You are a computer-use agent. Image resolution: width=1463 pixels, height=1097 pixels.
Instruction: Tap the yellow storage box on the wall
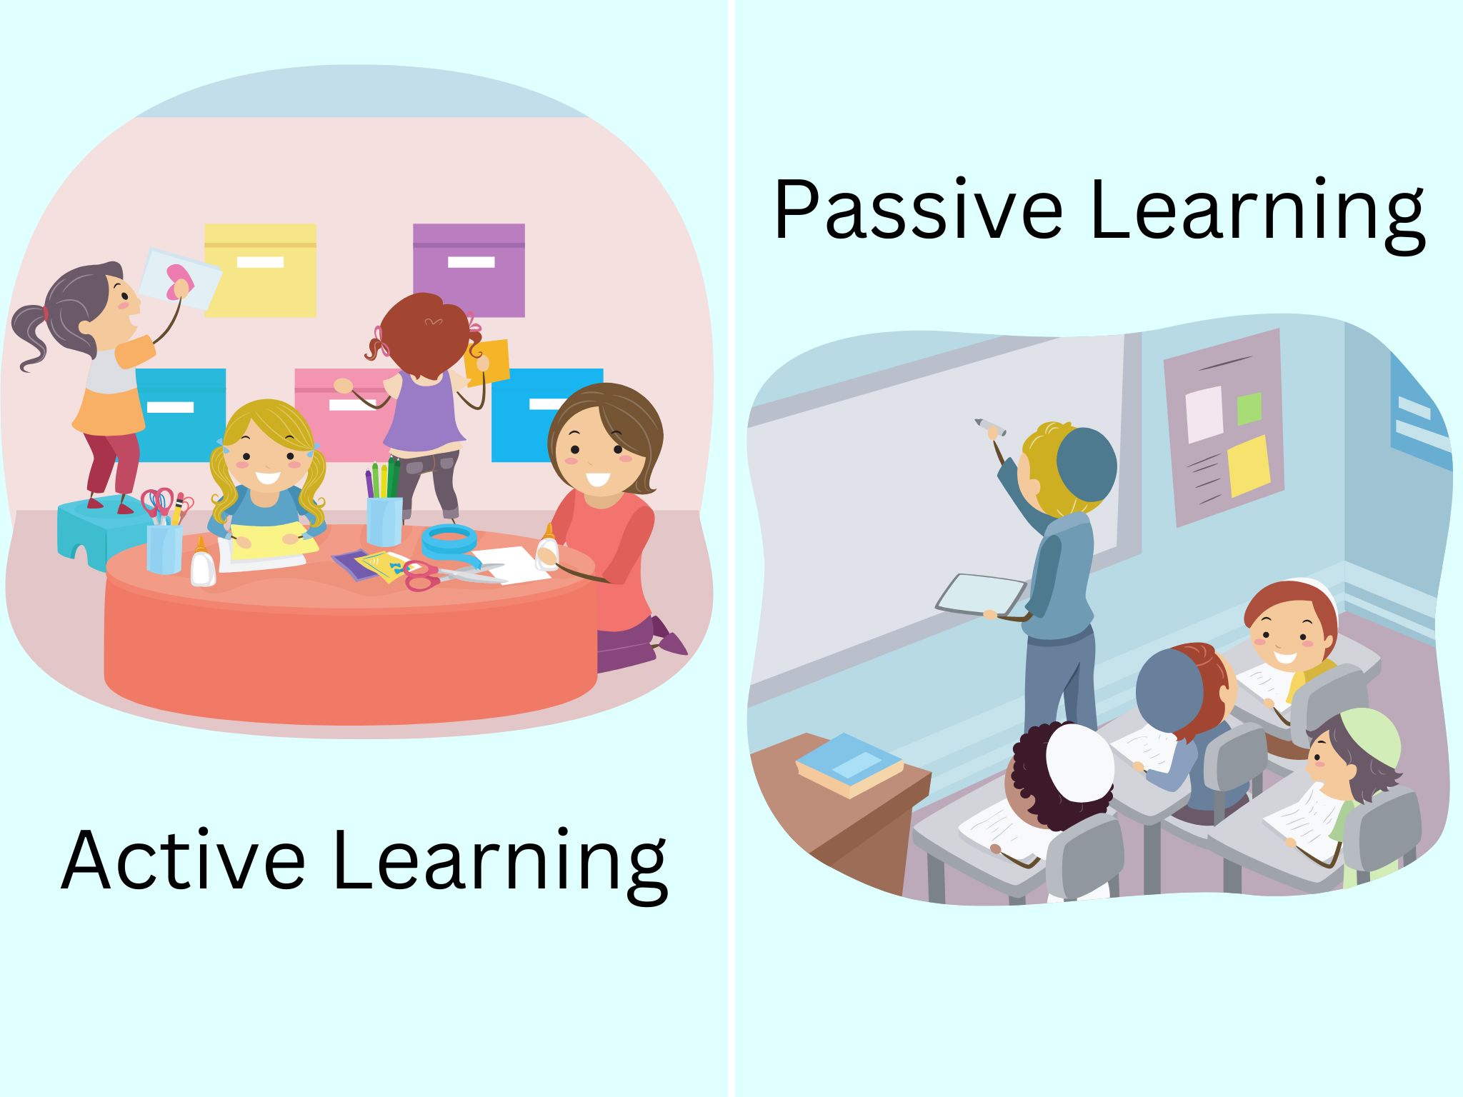coord(261,270)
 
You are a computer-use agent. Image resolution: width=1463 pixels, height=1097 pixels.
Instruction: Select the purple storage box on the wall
coord(469,269)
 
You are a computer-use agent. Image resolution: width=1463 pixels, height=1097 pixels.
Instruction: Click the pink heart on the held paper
coord(179,281)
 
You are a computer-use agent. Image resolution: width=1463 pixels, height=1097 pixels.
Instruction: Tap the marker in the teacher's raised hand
coord(990,426)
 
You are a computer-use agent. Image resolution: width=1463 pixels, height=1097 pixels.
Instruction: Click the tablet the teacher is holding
coord(981,595)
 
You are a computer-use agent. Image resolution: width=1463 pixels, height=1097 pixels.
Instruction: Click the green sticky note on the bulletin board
coord(1249,409)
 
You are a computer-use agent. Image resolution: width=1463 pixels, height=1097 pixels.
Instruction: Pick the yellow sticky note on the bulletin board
coord(1249,466)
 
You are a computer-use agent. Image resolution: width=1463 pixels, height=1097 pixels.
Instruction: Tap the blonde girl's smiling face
coord(267,457)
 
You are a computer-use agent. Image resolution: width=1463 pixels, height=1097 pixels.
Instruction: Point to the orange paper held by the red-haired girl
coord(488,362)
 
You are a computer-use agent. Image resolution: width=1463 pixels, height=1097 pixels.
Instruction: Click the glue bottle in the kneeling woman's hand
coord(547,548)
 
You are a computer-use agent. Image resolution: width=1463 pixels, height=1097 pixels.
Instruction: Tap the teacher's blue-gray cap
coord(1086,464)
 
